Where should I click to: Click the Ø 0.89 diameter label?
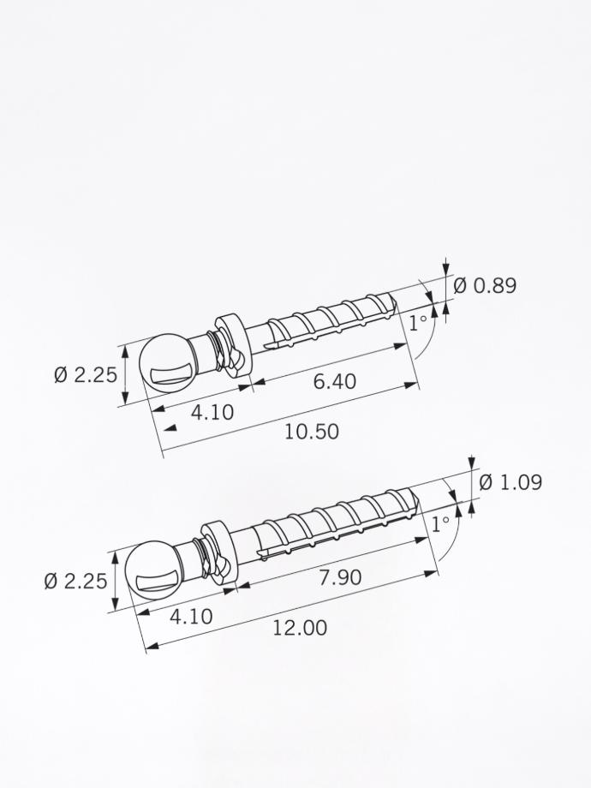[485, 285]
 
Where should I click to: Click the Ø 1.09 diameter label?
[510, 482]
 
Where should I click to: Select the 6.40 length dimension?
[334, 381]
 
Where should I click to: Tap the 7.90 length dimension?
[340, 577]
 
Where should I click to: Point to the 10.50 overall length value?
[311, 432]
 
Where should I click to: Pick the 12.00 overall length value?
[300, 628]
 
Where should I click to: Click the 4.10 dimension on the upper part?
[212, 412]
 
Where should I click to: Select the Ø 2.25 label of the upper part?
[86, 375]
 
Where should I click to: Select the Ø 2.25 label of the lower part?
[75, 582]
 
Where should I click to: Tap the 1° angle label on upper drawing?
[417, 324]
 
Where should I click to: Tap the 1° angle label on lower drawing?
[440, 523]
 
